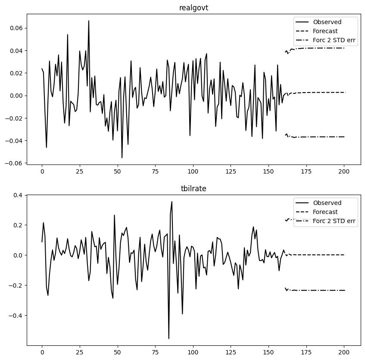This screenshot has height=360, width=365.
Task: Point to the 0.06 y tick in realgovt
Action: (x=16, y=28)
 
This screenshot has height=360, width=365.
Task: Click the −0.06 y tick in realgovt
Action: (x=14, y=163)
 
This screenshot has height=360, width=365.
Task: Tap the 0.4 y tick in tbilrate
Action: (x=17, y=195)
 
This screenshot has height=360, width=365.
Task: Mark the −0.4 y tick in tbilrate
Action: (x=16, y=316)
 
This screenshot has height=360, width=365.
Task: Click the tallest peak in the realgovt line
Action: (x=89, y=21)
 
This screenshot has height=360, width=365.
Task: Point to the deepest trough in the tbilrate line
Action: (x=168, y=338)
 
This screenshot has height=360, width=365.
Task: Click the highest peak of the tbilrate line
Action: (x=172, y=202)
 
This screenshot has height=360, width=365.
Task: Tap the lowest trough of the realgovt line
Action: (x=122, y=158)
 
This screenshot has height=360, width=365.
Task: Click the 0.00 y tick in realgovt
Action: (x=16, y=96)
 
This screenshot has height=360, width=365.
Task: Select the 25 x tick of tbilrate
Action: (x=80, y=352)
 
